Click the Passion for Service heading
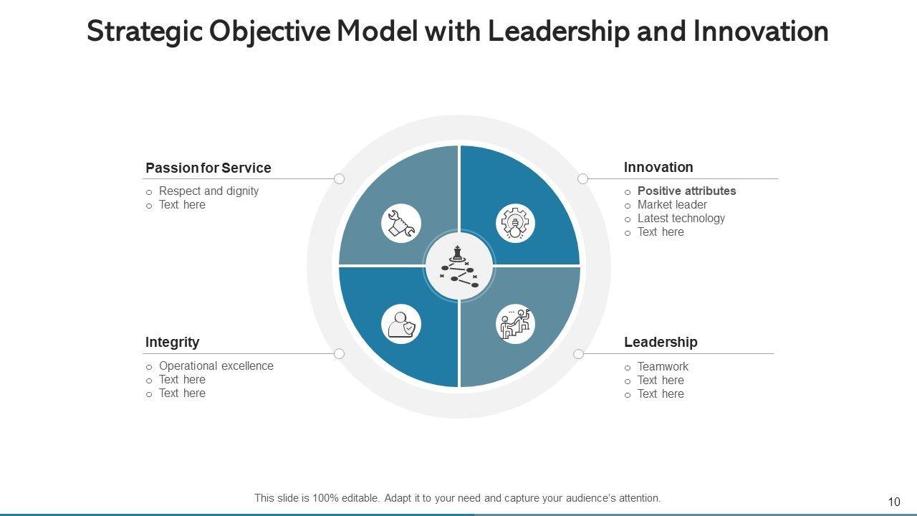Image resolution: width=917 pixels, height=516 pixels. (x=208, y=168)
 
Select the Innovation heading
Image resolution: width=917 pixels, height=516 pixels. (x=658, y=167)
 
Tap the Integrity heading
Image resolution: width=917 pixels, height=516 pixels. (x=172, y=342)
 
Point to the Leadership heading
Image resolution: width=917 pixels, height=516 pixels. (x=661, y=342)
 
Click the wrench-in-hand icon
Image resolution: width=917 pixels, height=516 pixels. (x=401, y=223)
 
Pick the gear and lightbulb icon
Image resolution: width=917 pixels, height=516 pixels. (x=515, y=223)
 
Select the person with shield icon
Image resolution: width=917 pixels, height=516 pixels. (x=401, y=324)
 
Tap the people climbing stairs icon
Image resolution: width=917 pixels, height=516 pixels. (x=515, y=324)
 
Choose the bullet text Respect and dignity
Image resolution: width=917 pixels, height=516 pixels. (x=208, y=191)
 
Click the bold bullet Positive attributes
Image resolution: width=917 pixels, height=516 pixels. (x=686, y=191)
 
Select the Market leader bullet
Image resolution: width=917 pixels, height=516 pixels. (x=672, y=204)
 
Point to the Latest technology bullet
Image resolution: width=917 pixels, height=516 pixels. (x=681, y=218)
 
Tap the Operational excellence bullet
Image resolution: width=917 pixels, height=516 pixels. (x=216, y=365)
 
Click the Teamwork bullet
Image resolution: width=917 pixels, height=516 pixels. (x=663, y=366)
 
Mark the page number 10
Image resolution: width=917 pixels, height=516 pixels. (x=893, y=502)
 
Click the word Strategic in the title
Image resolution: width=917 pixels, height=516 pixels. (x=143, y=32)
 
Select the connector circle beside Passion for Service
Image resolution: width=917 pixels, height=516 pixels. (x=340, y=178)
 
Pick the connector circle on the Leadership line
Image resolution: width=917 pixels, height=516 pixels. (x=578, y=353)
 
